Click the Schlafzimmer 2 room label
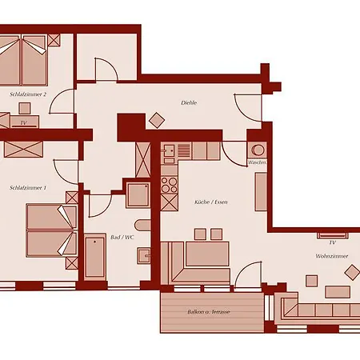click(28, 94)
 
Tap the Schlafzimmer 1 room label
click(28, 188)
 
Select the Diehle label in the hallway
click(189, 102)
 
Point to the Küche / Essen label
click(211, 202)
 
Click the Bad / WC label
click(122, 237)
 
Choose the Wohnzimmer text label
click(332, 256)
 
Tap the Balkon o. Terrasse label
click(209, 312)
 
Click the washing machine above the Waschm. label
click(258, 150)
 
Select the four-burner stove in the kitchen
click(169, 185)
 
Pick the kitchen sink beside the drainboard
click(169, 151)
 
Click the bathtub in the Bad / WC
click(95, 258)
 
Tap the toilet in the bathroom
click(142, 226)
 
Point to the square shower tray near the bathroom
click(138, 195)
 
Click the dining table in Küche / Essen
click(207, 254)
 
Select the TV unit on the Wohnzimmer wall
click(332, 236)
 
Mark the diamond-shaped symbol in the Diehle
click(157, 120)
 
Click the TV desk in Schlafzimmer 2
click(25, 122)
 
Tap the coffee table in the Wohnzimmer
click(338, 292)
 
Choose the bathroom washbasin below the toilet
click(144, 255)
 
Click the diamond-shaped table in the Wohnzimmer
click(352, 273)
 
